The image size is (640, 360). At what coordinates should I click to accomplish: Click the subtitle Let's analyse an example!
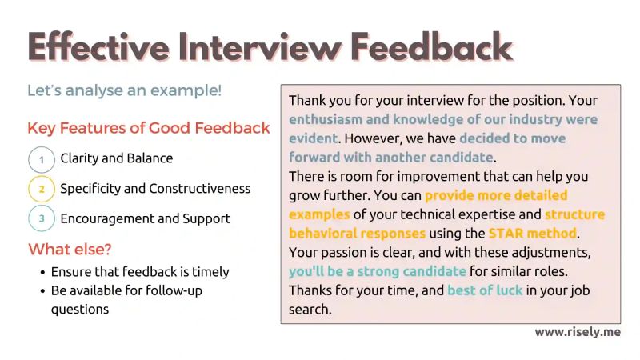pos(124,90)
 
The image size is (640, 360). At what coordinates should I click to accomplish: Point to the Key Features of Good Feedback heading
pos(149,128)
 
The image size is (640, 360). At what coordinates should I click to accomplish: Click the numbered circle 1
pos(42,159)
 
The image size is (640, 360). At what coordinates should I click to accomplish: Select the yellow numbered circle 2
pos(42,189)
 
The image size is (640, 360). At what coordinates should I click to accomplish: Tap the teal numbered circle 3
pos(42,218)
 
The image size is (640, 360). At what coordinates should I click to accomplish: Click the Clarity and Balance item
pos(117,158)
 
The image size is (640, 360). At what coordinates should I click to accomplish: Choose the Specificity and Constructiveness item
pos(155,189)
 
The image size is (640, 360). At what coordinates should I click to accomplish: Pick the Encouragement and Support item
pos(146,218)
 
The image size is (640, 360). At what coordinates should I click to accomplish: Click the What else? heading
pos(71,249)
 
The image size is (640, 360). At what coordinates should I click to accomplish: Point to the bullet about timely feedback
pos(140,272)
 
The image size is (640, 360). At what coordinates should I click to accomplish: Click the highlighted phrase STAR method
pos(532,234)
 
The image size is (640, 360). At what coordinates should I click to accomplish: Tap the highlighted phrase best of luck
pos(485,290)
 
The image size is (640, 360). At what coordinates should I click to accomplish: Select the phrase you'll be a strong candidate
pos(378,271)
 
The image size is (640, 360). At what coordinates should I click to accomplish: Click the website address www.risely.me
pos(577,332)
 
